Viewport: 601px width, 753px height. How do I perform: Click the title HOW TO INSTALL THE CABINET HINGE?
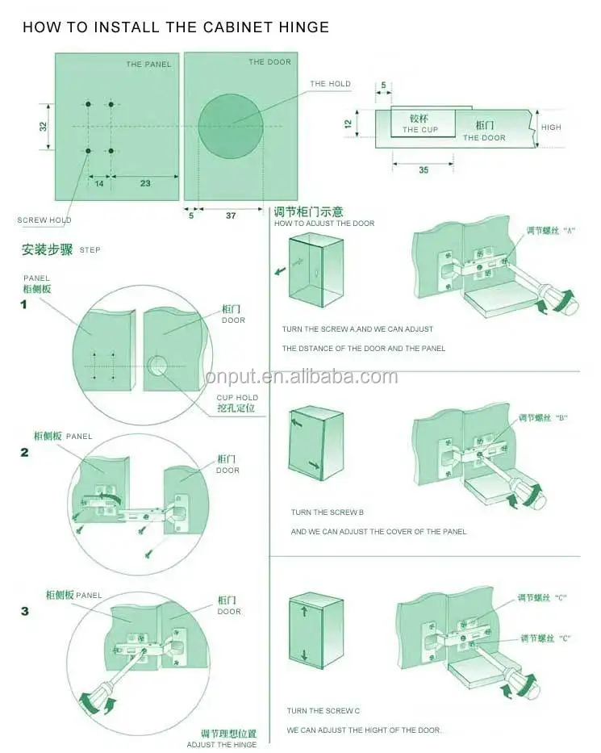tap(175, 27)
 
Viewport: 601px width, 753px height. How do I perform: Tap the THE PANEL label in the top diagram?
tap(148, 65)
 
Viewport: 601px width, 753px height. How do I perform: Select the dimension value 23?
tap(145, 184)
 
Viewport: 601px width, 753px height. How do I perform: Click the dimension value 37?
tap(231, 215)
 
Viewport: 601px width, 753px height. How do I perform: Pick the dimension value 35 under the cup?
tap(424, 170)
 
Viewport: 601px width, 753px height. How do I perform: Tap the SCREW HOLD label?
tap(44, 220)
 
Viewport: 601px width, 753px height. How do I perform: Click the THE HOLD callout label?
tap(330, 84)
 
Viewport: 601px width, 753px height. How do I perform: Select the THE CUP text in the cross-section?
tap(420, 130)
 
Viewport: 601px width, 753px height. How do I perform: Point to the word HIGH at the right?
tap(551, 128)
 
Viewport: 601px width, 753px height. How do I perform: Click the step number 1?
tap(24, 304)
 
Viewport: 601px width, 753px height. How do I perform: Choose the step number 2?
tap(24, 452)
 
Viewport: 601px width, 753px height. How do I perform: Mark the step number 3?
tap(24, 611)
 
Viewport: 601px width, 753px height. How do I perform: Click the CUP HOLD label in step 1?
tap(237, 398)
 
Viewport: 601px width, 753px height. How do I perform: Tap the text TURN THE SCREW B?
tap(328, 512)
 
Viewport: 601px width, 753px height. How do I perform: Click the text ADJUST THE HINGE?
tap(222, 744)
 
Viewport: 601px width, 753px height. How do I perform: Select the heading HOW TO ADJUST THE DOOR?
tap(324, 224)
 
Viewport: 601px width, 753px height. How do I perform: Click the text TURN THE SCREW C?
tap(323, 711)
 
